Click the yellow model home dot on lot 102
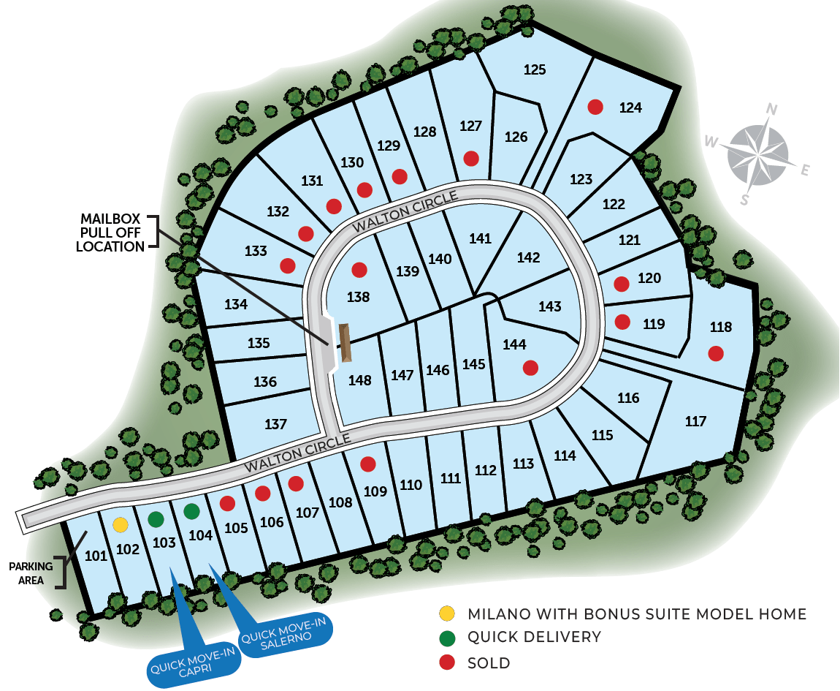click(121, 525)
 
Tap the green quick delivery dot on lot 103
click(156, 518)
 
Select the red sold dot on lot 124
click(595, 107)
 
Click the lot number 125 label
click(535, 69)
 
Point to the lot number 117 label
click(695, 421)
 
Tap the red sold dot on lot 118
click(716, 353)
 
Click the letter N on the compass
click(771, 110)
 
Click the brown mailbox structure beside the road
click(345, 342)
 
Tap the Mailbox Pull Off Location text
click(110, 233)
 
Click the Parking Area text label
click(31, 573)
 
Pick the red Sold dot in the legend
click(447, 662)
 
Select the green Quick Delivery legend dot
click(447, 638)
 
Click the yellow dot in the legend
click(447, 613)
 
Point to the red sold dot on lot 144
click(530, 368)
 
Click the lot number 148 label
click(359, 380)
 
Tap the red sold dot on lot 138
click(359, 269)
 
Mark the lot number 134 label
click(236, 304)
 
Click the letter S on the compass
click(744, 200)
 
